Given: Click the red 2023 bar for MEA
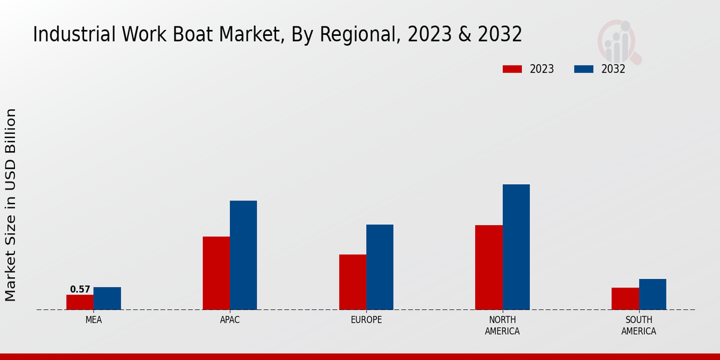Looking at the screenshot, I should tap(80, 302).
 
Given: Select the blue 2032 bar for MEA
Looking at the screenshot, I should tap(107, 298).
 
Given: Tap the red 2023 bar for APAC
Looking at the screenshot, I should tap(216, 273).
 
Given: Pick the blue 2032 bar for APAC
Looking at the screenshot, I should tap(243, 255).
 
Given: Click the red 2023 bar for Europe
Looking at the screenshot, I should tap(352, 282).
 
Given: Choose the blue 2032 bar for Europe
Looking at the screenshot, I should tap(380, 267).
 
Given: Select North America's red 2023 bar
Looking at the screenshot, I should tap(488, 268).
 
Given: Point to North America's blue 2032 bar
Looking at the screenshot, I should tap(516, 247).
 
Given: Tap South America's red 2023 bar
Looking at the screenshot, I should tap(625, 299).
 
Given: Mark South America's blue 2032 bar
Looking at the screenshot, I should tap(652, 295).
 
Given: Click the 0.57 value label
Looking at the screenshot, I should tap(80, 289).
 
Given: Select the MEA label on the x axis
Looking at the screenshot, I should tap(94, 320).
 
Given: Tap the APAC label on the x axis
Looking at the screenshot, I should tap(230, 320).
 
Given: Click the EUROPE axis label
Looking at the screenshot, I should tap(366, 320).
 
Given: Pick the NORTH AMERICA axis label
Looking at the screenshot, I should tap(503, 325).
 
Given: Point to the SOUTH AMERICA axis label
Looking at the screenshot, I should tap(638, 325).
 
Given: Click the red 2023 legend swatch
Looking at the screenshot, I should tap(512, 69).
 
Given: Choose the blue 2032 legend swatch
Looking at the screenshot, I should tap(583, 69).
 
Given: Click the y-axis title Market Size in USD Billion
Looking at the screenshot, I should tap(11, 205).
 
